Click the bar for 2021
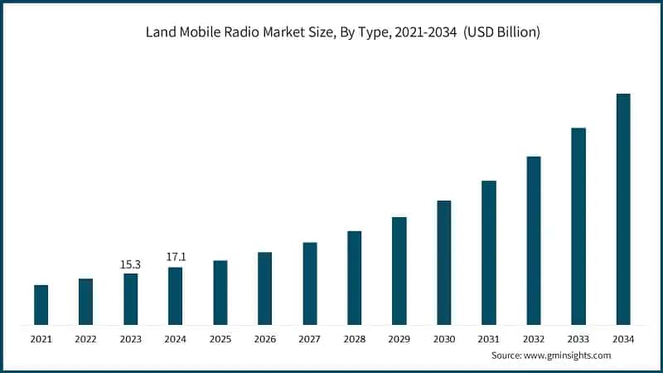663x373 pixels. click(x=41, y=304)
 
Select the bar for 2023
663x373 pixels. click(x=130, y=298)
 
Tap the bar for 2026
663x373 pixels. click(x=264, y=288)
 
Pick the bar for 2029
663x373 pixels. click(x=399, y=270)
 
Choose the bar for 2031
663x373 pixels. click(x=489, y=252)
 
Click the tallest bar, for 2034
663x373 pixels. click(x=623, y=209)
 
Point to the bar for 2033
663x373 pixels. click(x=578, y=225)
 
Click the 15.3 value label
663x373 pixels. click(x=130, y=264)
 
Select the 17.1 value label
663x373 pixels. click(x=175, y=257)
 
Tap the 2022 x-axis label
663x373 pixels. click(x=85, y=339)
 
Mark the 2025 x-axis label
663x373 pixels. click(x=220, y=339)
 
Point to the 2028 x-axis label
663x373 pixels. click(x=354, y=339)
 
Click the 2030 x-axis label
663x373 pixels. click(x=444, y=339)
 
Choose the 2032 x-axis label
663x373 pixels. click(x=534, y=339)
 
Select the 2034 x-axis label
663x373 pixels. click(x=623, y=339)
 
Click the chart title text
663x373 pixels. click(x=331, y=33)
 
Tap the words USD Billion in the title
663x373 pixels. click(x=502, y=33)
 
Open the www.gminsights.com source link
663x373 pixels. click(x=568, y=356)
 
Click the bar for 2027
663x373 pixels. click(x=309, y=283)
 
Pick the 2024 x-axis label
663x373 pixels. click(x=175, y=339)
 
